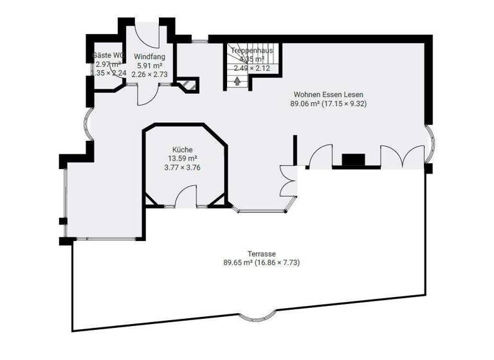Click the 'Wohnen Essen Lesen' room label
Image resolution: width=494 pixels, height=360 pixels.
(329, 94)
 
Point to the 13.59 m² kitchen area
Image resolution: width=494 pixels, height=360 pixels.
(183, 158)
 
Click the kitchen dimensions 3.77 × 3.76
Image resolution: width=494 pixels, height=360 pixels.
(183, 168)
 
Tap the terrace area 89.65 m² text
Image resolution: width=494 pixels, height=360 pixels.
(238, 262)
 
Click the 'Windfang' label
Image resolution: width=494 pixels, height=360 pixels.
(149, 56)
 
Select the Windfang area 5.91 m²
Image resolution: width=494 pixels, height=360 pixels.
(149, 65)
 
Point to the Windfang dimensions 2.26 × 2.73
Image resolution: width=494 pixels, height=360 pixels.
(149, 74)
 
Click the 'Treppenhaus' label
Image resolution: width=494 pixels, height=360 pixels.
(252, 50)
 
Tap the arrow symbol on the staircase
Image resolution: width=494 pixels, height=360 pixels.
(239, 81)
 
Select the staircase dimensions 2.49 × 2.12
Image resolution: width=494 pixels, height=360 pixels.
(252, 67)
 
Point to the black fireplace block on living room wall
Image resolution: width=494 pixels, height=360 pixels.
(353, 160)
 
